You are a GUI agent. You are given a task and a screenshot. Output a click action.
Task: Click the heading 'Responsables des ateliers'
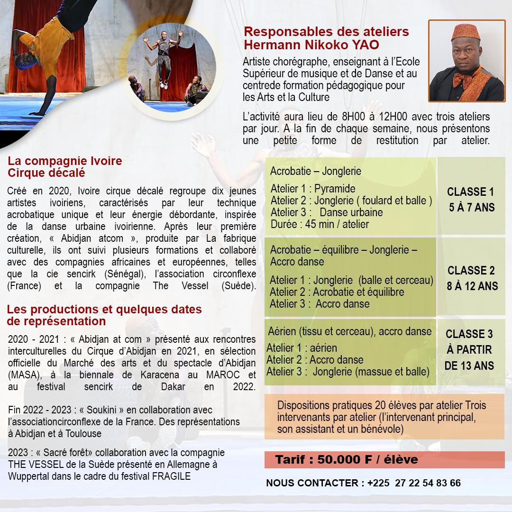(x=326, y=32)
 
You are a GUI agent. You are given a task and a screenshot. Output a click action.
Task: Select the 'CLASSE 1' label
(x=470, y=192)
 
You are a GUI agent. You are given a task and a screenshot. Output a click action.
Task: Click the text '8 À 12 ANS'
(x=470, y=286)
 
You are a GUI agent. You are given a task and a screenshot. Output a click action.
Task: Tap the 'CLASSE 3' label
(x=469, y=334)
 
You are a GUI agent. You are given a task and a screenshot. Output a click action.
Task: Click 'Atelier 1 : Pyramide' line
(x=312, y=189)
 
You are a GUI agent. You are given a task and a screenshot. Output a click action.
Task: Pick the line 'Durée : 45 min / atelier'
(x=320, y=224)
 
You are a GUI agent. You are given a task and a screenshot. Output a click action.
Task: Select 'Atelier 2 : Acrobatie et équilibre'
(x=337, y=292)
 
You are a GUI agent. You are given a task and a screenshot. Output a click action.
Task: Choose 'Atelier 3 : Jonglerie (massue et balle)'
(x=347, y=371)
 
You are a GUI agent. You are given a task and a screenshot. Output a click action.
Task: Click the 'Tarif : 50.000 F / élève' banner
(x=347, y=460)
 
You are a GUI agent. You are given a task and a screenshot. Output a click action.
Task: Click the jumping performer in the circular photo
(x=164, y=57)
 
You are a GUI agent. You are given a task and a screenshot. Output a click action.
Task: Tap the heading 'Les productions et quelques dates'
(x=104, y=310)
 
